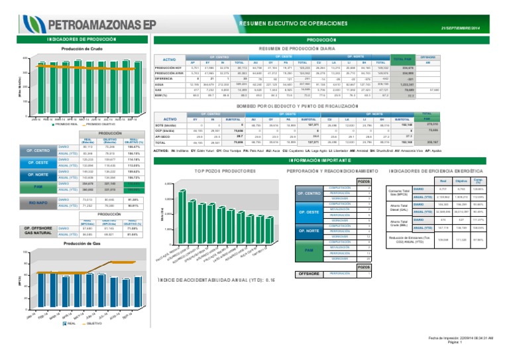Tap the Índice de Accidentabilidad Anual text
coord(215,280)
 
